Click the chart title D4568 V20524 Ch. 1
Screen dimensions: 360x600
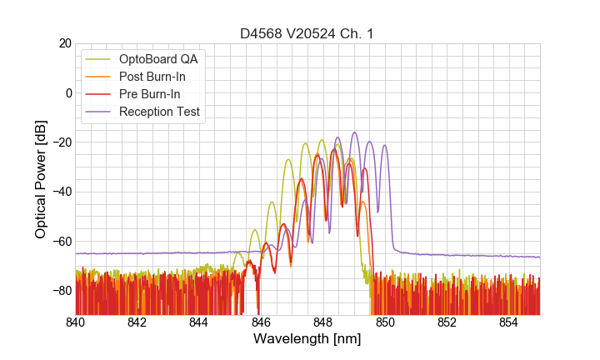[x=307, y=33]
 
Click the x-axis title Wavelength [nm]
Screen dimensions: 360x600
[x=307, y=340]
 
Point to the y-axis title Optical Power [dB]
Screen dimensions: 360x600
[x=41, y=179]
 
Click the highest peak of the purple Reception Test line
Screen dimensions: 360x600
[x=354, y=132]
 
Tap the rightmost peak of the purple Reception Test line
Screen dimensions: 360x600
[x=384, y=146]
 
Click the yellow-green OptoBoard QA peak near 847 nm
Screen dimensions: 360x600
[x=288, y=160]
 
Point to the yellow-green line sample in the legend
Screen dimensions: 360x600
[x=98, y=59]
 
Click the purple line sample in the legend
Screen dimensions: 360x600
[x=98, y=112]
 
